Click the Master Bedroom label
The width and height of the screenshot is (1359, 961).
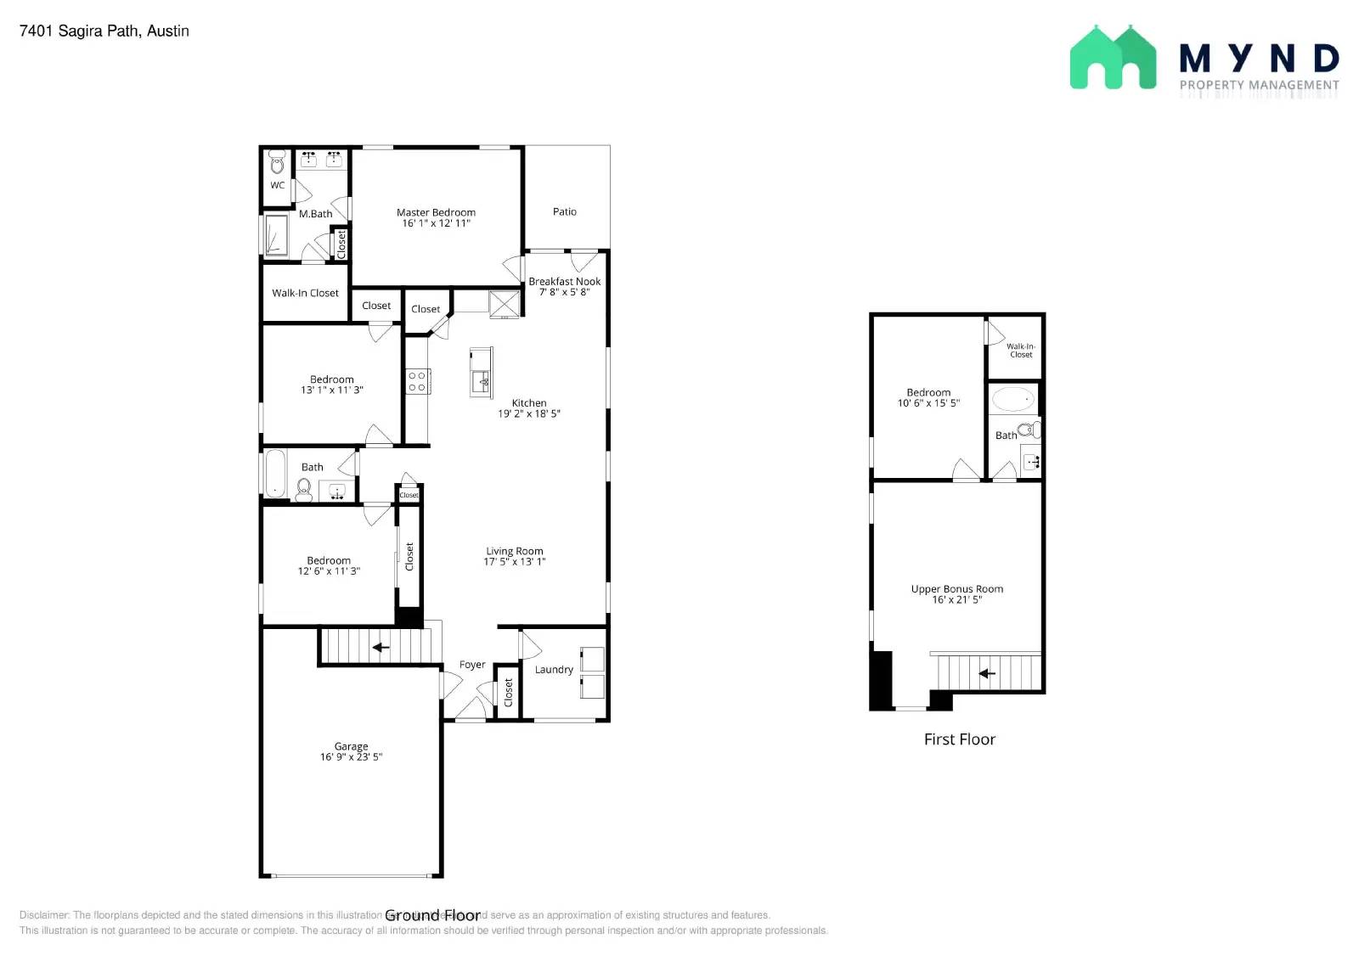coord(436,212)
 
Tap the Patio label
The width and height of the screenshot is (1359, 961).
coord(565,211)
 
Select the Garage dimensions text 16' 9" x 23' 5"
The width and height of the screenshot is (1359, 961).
coord(351,757)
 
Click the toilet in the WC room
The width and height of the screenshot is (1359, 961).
coord(277,163)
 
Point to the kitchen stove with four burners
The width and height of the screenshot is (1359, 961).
coord(417,381)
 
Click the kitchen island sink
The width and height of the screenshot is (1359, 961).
coord(482,379)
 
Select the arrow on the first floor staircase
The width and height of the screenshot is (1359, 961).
coord(986,674)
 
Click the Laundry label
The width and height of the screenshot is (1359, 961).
coord(554,670)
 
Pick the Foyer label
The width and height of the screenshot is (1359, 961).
coord(472,665)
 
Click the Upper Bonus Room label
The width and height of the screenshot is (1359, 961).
coord(957,589)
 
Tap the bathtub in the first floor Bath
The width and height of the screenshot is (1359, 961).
coord(1013,398)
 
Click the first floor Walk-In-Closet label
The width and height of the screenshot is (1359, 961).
coord(1021,350)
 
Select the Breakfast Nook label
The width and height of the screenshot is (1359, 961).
coord(564,281)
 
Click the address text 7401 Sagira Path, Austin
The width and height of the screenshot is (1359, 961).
coord(104,31)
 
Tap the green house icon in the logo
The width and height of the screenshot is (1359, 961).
coord(1113,58)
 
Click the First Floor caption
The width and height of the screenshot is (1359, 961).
coord(960,739)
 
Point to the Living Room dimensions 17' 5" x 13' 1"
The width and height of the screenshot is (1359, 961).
coord(515,562)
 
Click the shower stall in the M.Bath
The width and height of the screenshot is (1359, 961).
coord(276,235)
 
